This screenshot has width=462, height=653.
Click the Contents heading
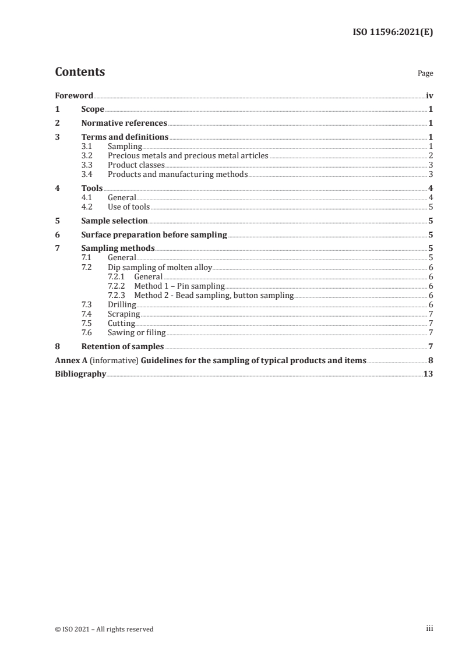(x=80, y=72)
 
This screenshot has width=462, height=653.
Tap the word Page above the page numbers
(x=425, y=74)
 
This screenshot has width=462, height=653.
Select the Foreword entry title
(x=74, y=95)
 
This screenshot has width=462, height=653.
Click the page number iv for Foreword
(x=429, y=95)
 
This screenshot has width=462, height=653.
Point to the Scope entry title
(x=93, y=109)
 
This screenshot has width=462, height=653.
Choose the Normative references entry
(x=124, y=123)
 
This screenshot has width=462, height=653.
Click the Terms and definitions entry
(x=125, y=137)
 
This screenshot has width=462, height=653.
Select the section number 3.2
(x=87, y=155)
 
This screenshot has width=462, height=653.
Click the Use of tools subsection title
(x=129, y=207)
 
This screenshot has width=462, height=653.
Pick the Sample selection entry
(x=114, y=221)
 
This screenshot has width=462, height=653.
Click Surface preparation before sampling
(x=154, y=235)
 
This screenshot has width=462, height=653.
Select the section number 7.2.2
(x=117, y=286)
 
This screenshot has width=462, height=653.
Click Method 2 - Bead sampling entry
(x=214, y=295)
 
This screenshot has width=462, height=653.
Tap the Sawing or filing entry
(x=136, y=332)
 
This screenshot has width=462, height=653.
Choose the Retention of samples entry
(x=122, y=346)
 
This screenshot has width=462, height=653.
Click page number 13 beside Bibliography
(x=428, y=374)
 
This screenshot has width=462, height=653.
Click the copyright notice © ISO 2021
(x=104, y=629)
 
